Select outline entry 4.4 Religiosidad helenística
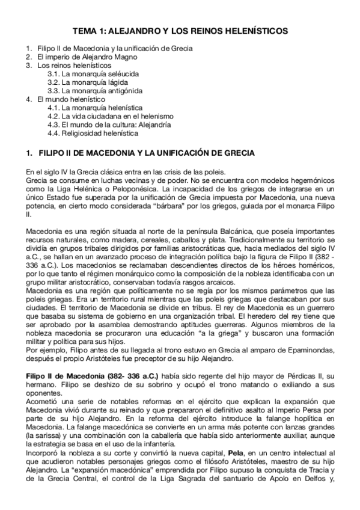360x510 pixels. coord(93,133)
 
